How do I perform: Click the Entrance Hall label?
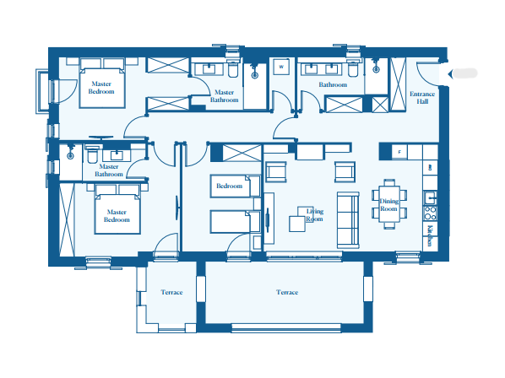(x=422, y=98)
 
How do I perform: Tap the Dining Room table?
(x=389, y=204)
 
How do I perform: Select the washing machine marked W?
(x=281, y=67)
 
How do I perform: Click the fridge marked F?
(x=399, y=152)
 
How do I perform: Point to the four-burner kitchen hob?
(x=430, y=213)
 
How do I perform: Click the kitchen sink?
(x=430, y=197)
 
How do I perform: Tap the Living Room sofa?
(x=348, y=220)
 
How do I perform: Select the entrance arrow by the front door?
(x=450, y=74)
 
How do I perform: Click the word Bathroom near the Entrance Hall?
(x=333, y=84)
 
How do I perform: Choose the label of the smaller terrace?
(x=171, y=292)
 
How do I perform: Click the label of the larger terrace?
(x=287, y=292)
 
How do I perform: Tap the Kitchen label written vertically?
(x=430, y=235)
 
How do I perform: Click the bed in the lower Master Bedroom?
(x=117, y=213)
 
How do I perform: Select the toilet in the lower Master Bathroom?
(x=92, y=155)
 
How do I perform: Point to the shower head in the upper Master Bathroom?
(x=255, y=76)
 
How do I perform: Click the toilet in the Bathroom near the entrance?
(x=353, y=69)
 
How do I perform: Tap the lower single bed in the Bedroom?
(x=235, y=222)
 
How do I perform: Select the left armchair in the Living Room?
(x=276, y=172)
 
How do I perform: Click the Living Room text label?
(x=315, y=215)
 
